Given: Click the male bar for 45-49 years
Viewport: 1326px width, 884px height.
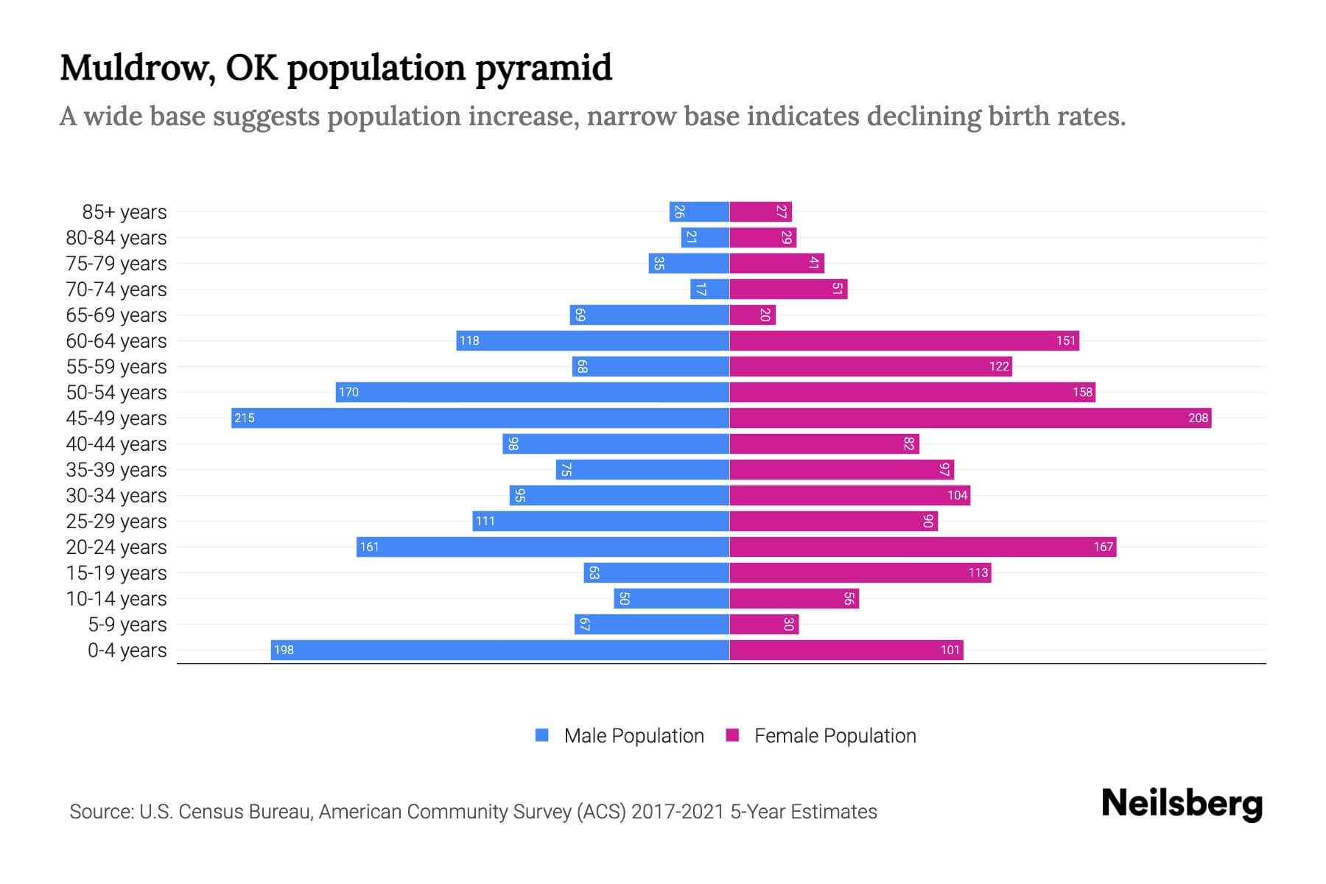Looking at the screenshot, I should [480, 418].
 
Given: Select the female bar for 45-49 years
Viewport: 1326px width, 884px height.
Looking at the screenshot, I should [970, 418].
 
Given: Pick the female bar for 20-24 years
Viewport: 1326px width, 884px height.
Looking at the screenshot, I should [922, 547].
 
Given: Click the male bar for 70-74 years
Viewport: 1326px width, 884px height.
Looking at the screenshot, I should [709, 289].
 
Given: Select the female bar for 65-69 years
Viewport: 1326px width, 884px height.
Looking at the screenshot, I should [752, 315].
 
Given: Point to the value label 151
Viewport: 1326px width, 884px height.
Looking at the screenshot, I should [1066, 340].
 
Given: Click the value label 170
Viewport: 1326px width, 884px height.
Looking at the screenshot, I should [348, 392].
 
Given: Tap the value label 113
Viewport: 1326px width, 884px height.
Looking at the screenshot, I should [978, 572].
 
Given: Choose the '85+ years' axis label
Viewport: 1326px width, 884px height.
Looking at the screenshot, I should [124, 212].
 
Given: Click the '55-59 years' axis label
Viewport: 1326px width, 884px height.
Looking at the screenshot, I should [116, 367].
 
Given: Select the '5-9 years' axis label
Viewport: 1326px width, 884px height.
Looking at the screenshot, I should [127, 625].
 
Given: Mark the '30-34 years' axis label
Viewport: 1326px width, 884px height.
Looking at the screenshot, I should [116, 496].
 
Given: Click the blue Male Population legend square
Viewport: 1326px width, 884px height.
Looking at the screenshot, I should [542, 735].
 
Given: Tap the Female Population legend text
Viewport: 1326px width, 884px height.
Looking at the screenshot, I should [835, 736].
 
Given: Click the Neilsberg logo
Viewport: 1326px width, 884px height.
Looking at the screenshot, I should [1182, 804].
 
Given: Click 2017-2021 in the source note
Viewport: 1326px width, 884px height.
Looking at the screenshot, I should [678, 812].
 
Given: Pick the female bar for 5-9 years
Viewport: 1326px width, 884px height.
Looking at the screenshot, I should [764, 624].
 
